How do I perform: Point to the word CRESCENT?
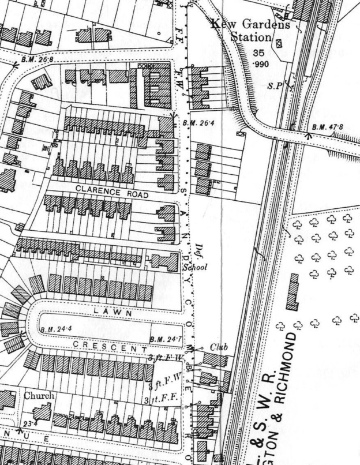coord(109,347)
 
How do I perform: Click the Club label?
coord(219,347)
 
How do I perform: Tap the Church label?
coord(39,396)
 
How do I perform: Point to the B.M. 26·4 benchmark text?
coord(194,123)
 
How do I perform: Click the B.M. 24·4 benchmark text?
coord(55,329)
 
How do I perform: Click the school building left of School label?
coord(167,262)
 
